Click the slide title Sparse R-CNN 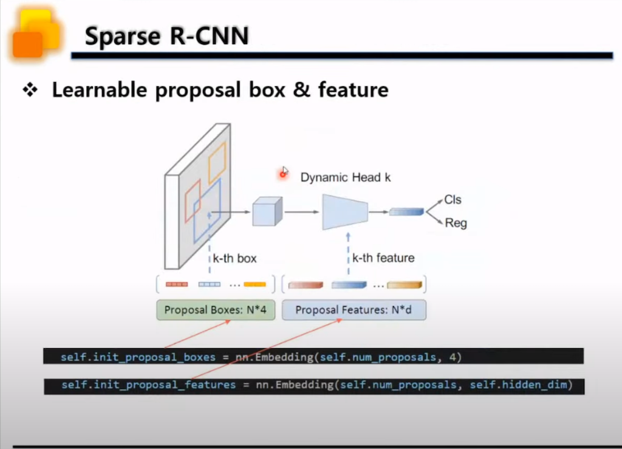(166, 36)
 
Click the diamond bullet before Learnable (30, 91)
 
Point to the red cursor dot (282, 174)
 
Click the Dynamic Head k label (346, 177)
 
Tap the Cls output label (453, 199)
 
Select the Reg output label (456, 223)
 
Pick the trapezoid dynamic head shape (345, 211)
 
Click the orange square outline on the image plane (217, 162)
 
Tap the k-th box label (234, 258)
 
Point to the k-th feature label (383, 258)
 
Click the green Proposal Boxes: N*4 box (216, 310)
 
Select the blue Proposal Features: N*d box (354, 310)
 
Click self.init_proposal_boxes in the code (138, 357)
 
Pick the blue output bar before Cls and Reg (406, 211)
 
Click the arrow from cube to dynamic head (302, 211)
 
